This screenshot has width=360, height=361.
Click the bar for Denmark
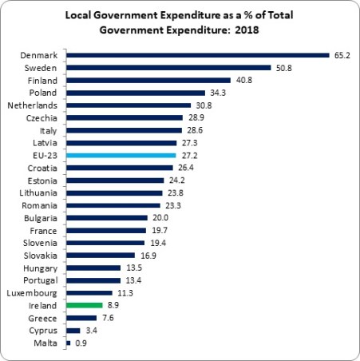tap(198, 56)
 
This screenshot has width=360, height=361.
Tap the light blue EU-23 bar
tap(121, 155)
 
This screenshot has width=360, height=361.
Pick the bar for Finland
tap(148, 81)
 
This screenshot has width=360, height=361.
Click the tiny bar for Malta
tap(69, 343)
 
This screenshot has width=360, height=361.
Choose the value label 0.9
tap(81, 343)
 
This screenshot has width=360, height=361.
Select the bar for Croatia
tap(120, 168)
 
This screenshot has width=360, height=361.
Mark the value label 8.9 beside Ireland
tap(114, 305)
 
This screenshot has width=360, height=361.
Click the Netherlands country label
tap(32, 105)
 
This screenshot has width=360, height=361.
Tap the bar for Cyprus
tap(73, 330)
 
